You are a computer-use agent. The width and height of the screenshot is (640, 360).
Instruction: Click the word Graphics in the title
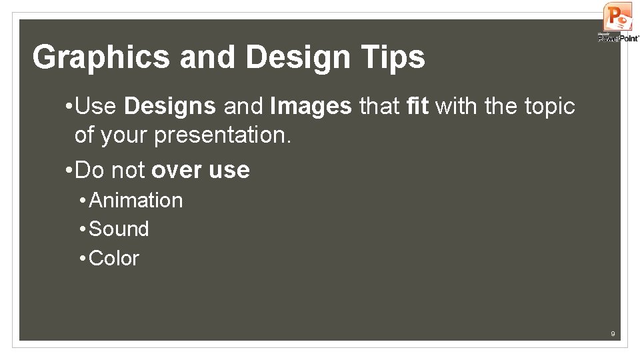coord(101,57)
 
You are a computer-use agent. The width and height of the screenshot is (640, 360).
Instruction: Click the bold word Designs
coord(170,106)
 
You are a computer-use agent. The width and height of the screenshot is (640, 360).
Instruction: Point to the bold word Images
coord(311,106)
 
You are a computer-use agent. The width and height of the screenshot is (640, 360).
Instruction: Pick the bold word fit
coord(417,106)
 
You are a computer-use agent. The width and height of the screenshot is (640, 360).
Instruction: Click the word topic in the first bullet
coord(546,106)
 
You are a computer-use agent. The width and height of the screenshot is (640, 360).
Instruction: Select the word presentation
coord(223,135)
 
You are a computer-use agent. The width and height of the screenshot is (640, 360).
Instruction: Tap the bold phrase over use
coord(201,170)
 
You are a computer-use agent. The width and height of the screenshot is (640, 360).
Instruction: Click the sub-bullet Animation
coord(135,200)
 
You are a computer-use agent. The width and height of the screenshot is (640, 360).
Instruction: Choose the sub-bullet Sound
coord(119,229)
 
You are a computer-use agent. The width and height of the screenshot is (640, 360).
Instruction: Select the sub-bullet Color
coord(113,258)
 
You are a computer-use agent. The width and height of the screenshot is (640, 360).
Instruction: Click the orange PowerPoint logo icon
coord(617,17)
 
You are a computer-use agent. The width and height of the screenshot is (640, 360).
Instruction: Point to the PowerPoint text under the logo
coord(619,39)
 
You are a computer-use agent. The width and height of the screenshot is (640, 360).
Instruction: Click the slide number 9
coord(613,333)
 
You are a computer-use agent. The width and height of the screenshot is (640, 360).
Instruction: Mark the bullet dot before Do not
coord(69,170)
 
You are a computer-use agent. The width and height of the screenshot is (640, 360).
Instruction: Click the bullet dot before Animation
coord(82,200)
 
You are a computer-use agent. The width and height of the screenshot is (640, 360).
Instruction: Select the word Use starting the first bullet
coord(97,106)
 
